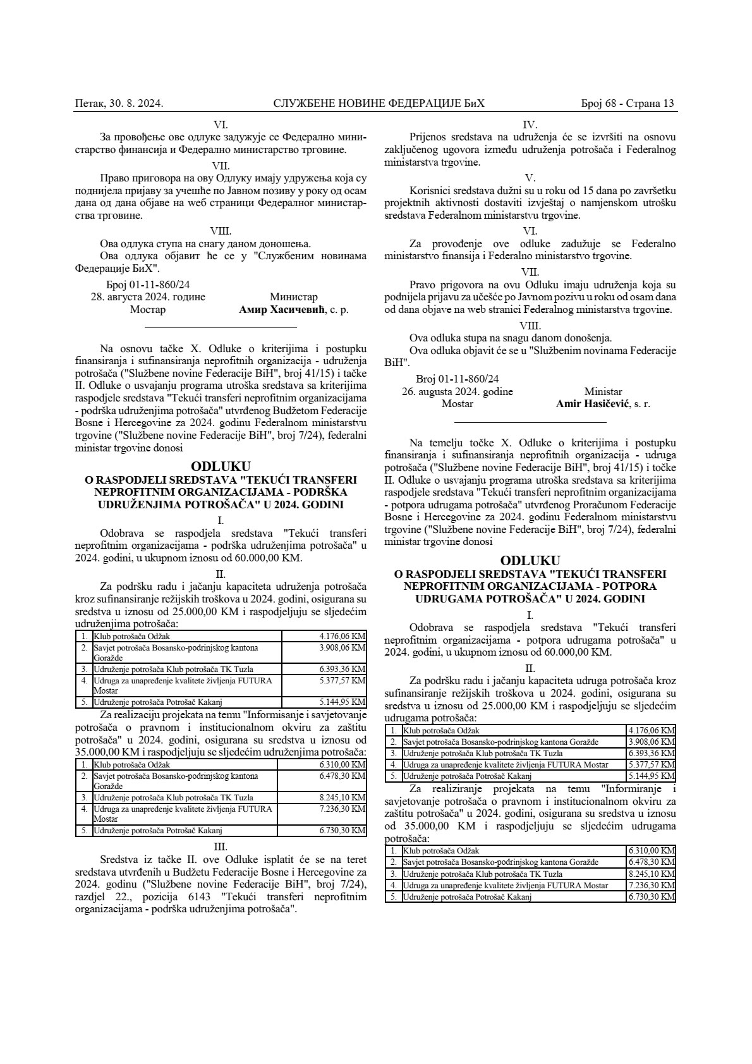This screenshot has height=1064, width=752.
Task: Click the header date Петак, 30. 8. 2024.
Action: (x=119, y=104)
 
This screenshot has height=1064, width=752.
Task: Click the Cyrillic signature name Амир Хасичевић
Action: (x=281, y=310)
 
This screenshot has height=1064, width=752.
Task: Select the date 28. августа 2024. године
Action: (x=148, y=297)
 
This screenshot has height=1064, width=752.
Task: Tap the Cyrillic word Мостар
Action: (x=148, y=310)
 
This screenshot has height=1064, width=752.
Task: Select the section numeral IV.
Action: (x=530, y=125)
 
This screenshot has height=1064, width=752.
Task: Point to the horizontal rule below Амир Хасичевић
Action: (x=221, y=328)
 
